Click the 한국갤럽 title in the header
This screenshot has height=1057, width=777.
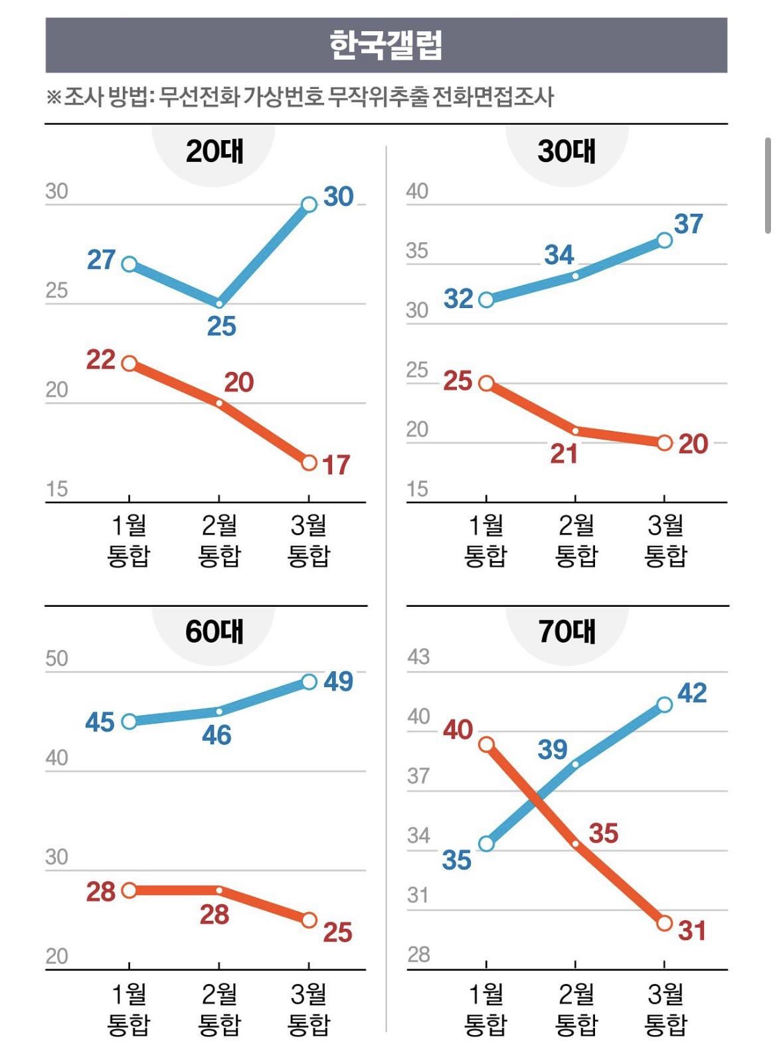click(x=386, y=45)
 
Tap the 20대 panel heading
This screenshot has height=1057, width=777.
click(x=214, y=151)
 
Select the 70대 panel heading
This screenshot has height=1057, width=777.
click(x=566, y=631)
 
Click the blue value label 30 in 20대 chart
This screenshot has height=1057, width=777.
click(x=339, y=197)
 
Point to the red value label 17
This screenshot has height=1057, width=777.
click(x=336, y=465)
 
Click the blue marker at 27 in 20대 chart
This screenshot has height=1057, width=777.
click(x=129, y=264)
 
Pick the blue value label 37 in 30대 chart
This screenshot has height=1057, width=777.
click(x=688, y=224)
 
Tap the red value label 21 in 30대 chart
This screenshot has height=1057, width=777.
click(x=564, y=454)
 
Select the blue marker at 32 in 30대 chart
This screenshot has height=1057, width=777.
click(x=486, y=299)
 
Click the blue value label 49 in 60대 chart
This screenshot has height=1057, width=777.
click(x=339, y=681)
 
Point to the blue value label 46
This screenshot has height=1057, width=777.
click(x=217, y=735)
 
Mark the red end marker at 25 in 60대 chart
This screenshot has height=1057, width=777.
click(x=309, y=920)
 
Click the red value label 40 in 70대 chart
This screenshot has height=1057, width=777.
click(x=458, y=730)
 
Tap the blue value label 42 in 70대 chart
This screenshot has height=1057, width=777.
click(x=692, y=693)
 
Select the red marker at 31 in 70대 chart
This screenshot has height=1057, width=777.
click(x=664, y=924)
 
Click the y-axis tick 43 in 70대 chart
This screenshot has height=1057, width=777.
click(x=418, y=657)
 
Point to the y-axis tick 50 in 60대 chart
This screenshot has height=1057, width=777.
click(x=57, y=658)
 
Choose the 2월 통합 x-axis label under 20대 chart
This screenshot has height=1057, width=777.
click(x=219, y=540)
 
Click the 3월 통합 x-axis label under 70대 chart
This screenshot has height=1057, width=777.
click(x=665, y=1009)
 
